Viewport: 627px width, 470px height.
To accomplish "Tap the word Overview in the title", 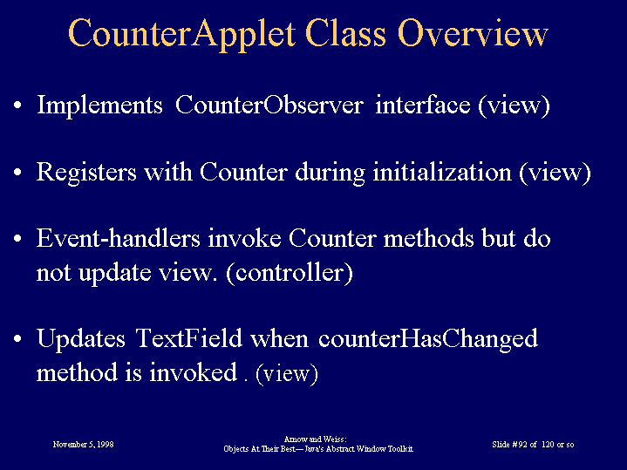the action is tap(473, 34).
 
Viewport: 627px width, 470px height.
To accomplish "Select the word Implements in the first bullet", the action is tap(99, 106).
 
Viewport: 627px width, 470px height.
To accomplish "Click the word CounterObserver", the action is tap(269, 105).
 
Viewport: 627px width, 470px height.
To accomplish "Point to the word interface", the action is tap(423, 105).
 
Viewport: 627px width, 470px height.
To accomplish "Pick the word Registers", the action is tap(86, 173).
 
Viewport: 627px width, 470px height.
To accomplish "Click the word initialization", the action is tap(442, 173).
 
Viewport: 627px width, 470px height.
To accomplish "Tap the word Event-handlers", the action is tap(119, 238).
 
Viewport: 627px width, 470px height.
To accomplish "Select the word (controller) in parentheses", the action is tap(290, 273).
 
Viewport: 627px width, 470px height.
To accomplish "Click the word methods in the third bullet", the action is tap(429, 238).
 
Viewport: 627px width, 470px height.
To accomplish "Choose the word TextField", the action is tap(188, 338).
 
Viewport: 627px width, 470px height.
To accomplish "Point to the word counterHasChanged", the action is tap(428, 339).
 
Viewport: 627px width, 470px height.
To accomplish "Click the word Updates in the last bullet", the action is tap(81, 339).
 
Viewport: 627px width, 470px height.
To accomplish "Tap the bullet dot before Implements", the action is tap(17, 106).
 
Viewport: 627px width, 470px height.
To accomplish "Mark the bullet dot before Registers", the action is tap(17, 173).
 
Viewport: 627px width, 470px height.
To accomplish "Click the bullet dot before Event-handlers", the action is tap(17, 238).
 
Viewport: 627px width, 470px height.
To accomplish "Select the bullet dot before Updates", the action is tap(17, 339).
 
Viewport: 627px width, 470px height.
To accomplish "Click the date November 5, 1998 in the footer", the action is tap(83, 445).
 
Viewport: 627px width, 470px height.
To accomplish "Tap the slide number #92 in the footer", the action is tap(520, 445).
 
